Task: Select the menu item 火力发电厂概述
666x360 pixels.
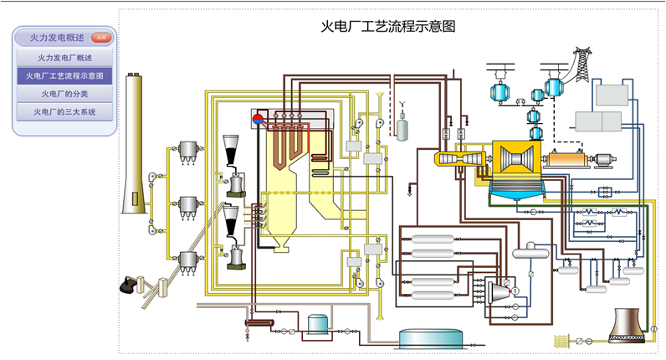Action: pos(64,59)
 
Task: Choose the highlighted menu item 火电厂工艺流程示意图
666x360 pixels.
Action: pos(64,76)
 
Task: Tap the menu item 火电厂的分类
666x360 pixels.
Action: pos(64,94)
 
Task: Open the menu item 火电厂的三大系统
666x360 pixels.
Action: pos(64,111)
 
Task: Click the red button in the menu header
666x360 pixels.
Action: pos(100,38)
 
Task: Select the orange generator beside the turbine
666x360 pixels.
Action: pos(566,158)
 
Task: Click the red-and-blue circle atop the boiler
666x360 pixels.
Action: pos(260,117)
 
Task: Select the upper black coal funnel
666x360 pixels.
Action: pos(231,146)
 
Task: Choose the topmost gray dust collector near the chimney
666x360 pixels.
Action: pos(188,150)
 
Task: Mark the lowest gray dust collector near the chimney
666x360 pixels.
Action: pos(188,261)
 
